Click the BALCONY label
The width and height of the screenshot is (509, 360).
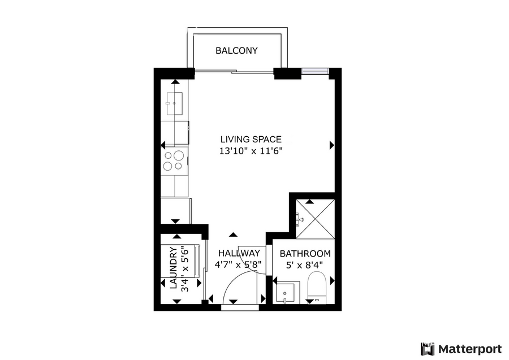point(236,51)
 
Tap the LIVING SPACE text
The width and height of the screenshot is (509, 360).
point(251,139)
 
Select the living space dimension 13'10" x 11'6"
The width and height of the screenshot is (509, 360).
point(251,151)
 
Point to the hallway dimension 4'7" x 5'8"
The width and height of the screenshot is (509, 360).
point(238,264)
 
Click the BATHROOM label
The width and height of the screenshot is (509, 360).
point(305,254)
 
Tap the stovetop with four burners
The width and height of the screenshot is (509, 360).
point(174,160)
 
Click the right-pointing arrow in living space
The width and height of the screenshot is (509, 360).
point(331,145)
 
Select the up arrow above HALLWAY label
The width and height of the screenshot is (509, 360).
point(233,234)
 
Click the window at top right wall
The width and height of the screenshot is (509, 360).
point(315,71)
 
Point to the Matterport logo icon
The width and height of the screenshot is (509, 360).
point(428,348)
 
